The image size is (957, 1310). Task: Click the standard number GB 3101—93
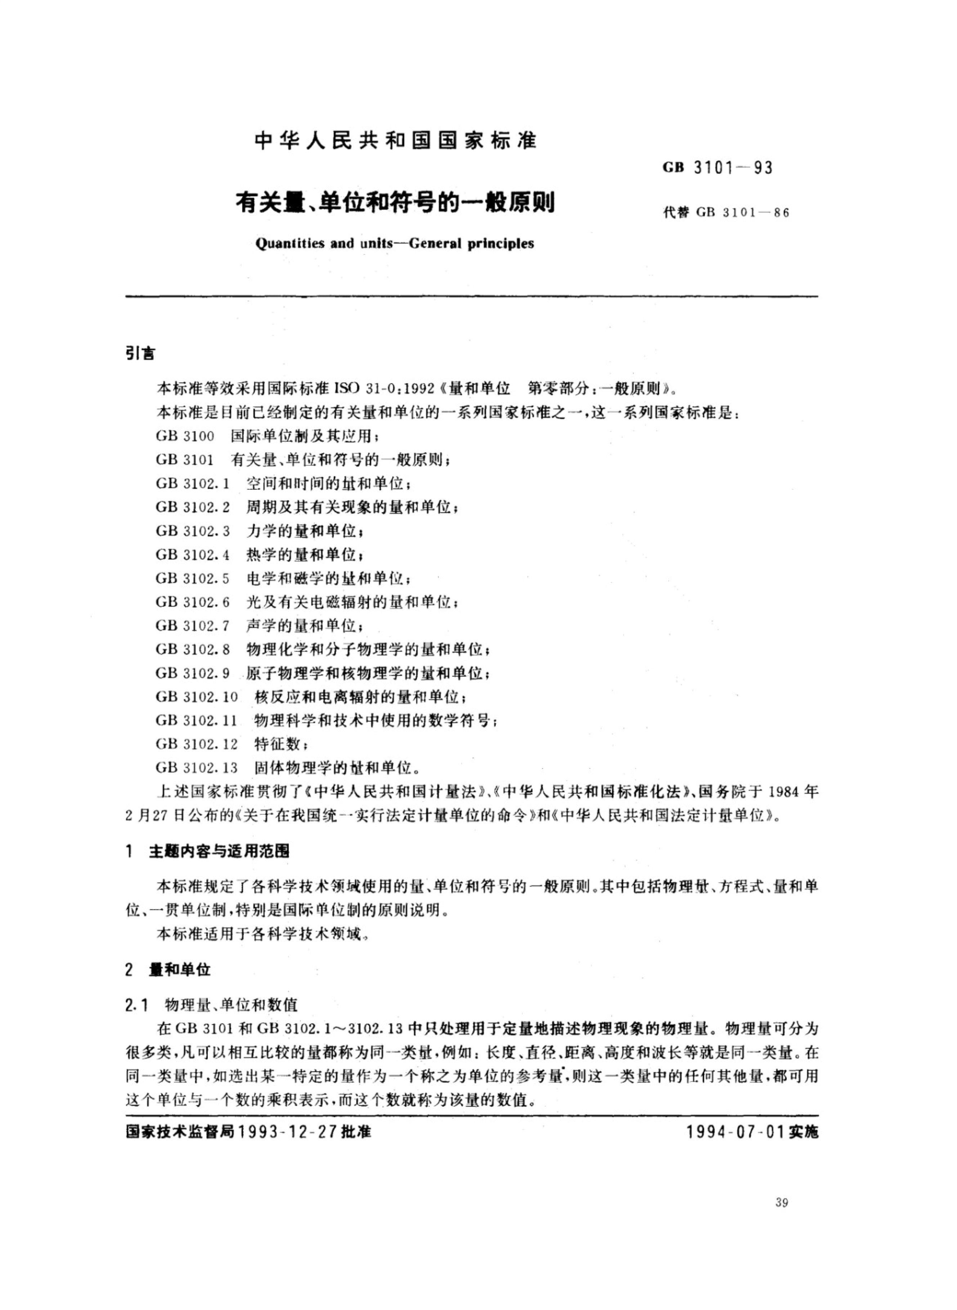[x=718, y=168]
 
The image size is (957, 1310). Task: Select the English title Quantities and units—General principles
[x=395, y=243]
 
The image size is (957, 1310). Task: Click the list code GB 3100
[x=185, y=436]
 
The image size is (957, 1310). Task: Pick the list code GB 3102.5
[x=192, y=578]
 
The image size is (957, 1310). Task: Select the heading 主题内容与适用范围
[x=219, y=852]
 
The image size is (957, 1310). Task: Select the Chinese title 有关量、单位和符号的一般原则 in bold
[x=395, y=203]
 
